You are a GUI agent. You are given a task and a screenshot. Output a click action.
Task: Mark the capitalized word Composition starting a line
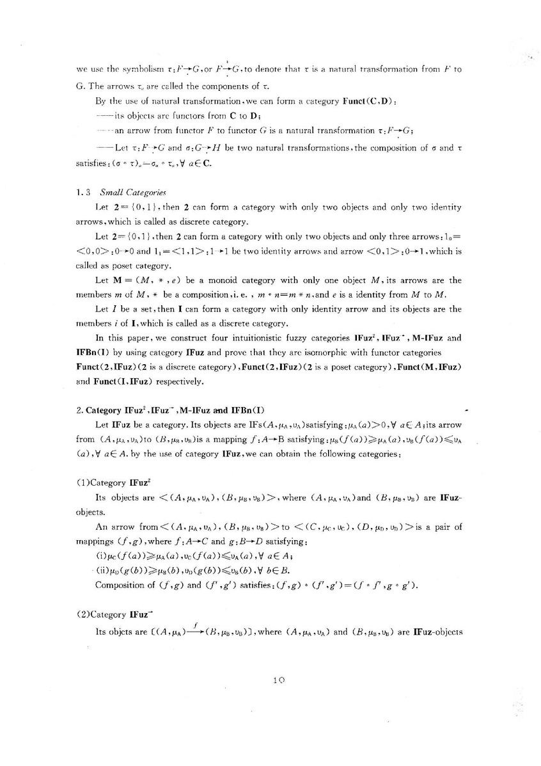(x=119, y=584)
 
